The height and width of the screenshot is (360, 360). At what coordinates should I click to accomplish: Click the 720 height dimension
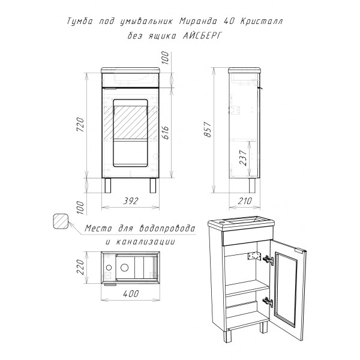point(80,124)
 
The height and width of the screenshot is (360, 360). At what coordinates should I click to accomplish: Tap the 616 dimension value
point(165,133)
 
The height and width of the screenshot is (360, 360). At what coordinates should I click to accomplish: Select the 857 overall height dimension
point(208,130)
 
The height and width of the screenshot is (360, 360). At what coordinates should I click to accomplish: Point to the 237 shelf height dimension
point(243,158)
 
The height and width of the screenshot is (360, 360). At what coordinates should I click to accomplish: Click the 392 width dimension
point(131,201)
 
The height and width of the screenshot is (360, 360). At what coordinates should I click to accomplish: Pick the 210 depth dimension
point(245,201)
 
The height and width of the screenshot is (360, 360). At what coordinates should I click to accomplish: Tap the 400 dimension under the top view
point(131,293)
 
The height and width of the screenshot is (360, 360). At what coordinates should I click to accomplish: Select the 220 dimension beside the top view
point(80,267)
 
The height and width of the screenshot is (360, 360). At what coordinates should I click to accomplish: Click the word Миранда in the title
point(198,21)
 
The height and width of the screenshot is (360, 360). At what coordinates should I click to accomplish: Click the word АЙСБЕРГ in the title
point(203,36)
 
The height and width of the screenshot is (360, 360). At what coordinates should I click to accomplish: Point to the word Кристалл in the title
point(262,21)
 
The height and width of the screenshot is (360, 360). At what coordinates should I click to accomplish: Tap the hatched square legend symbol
point(61,221)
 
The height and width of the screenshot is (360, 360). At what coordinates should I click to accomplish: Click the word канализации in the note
point(145,242)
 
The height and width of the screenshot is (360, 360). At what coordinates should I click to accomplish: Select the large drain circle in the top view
point(124,267)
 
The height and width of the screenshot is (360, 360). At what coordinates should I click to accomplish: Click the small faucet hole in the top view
point(109,268)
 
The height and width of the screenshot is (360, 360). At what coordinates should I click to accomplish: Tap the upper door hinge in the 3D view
point(268,260)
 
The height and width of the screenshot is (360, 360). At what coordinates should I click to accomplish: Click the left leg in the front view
point(107,185)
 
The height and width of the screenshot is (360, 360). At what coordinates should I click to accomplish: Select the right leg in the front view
point(153,185)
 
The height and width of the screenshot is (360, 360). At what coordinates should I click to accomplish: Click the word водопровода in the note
point(167,229)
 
